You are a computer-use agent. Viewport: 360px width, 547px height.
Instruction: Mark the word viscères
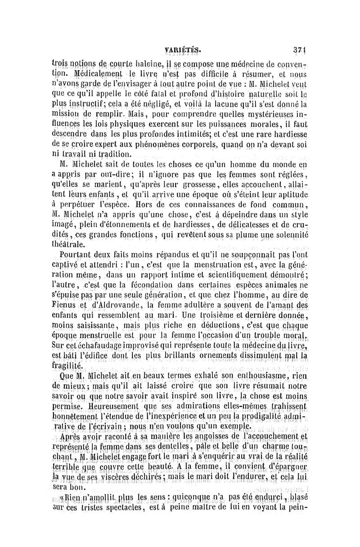pos(114,476)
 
